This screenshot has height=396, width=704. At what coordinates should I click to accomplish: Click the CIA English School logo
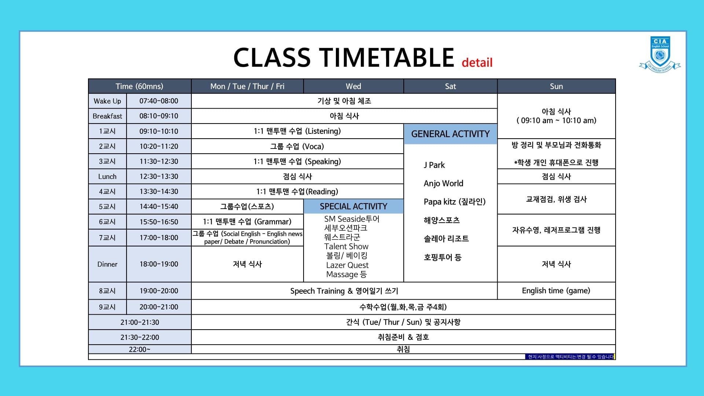[x=660, y=54]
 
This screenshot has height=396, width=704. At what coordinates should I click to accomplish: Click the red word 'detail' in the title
[x=477, y=62]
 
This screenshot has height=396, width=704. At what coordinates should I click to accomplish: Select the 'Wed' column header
[x=353, y=86]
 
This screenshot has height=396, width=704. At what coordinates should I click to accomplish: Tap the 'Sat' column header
[x=450, y=86]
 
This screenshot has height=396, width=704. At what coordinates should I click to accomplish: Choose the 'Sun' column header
[x=556, y=86]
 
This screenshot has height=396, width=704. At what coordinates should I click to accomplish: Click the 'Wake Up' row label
[x=107, y=101]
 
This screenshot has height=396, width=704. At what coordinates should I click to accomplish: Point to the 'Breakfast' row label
[x=107, y=116]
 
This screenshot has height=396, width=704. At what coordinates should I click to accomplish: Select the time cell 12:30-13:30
[x=159, y=176]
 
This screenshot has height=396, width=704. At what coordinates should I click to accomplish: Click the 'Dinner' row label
[x=107, y=264]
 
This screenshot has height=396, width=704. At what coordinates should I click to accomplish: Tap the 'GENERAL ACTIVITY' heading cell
[x=450, y=134]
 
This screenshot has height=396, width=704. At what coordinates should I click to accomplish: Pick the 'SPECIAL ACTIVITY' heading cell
[x=353, y=206]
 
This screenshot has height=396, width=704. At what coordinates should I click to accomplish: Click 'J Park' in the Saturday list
[x=434, y=165]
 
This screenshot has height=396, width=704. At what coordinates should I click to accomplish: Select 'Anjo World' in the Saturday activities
[x=443, y=183]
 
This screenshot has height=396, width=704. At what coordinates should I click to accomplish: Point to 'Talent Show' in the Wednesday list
[x=346, y=246]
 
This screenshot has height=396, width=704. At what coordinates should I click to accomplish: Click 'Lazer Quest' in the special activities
[x=347, y=265]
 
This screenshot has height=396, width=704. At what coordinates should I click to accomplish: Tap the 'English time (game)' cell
[x=556, y=291]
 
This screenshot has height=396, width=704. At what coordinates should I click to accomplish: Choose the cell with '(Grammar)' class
[x=247, y=221]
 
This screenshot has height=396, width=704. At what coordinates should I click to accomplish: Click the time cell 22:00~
[x=140, y=349]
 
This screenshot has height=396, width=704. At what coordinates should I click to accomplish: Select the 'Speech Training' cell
[x=344, y=291]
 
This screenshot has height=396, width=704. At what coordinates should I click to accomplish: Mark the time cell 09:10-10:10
[x=159, y=131]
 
